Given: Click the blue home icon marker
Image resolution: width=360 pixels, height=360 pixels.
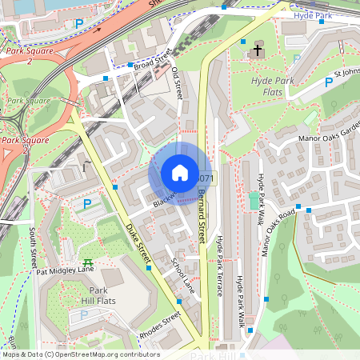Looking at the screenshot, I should [x=180, y=173].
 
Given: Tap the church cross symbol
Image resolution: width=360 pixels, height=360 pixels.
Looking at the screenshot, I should [x=258, y=51].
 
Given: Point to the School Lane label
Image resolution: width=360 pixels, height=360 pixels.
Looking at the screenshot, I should [x=183, y=274].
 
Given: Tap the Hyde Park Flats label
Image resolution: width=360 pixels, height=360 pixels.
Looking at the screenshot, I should [x=273, y=87].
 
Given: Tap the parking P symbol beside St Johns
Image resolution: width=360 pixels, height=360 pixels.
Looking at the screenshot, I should [x=328, y=82].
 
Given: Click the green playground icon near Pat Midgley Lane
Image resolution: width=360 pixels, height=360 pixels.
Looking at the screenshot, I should [x=87, y=261].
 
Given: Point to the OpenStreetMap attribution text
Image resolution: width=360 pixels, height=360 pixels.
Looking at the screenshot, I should [x=80, y=354].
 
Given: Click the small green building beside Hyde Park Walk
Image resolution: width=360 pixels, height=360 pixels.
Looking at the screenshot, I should [x=254, y=200].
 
